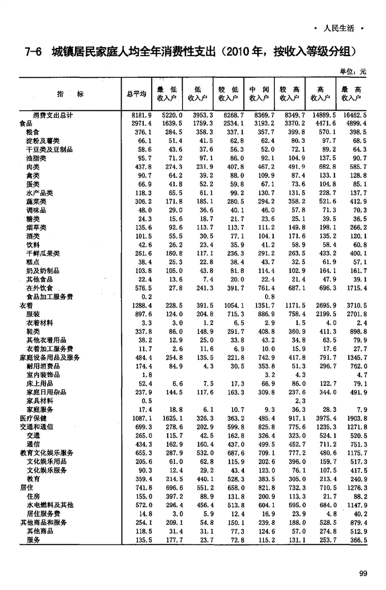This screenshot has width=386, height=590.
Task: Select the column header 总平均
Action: (136, 94)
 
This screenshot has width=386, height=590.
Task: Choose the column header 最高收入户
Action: (352, 94)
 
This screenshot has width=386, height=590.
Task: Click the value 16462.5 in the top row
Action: (355, 115)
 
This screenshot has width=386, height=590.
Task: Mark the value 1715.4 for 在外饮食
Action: (355, 288)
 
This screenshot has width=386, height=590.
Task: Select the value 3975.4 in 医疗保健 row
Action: (323, 418)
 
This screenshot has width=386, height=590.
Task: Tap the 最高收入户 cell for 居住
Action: (355, 487)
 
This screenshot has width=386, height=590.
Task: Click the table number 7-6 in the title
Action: (33, 52)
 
